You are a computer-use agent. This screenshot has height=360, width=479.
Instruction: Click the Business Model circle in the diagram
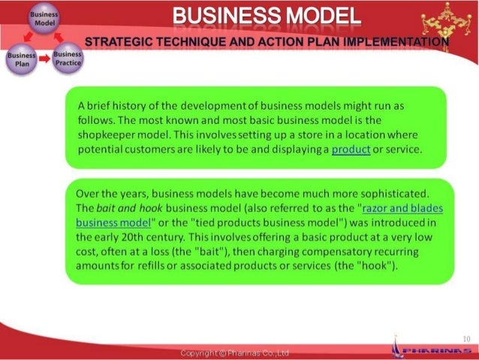point(40,18)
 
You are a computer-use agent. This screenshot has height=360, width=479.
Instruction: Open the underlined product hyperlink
point(351,150)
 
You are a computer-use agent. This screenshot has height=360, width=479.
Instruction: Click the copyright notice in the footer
point(235,352)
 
